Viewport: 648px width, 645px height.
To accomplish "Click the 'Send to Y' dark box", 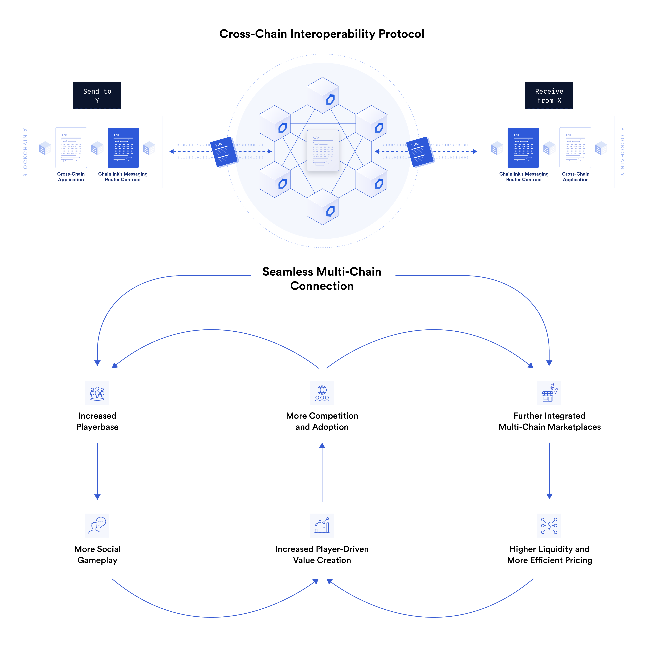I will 97,96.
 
